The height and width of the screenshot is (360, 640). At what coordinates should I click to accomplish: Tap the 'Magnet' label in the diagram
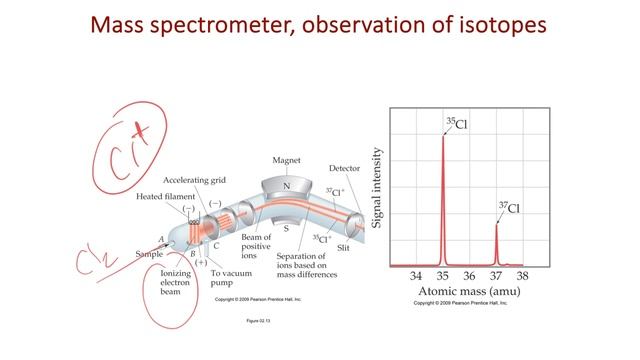pyautogui.click(x=287, y=161)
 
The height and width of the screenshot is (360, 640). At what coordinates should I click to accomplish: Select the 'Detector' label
pyautogui.click(x=345, y=169)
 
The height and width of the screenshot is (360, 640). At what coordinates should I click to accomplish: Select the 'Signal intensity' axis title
pyautogui.click(x=377, y=187)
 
